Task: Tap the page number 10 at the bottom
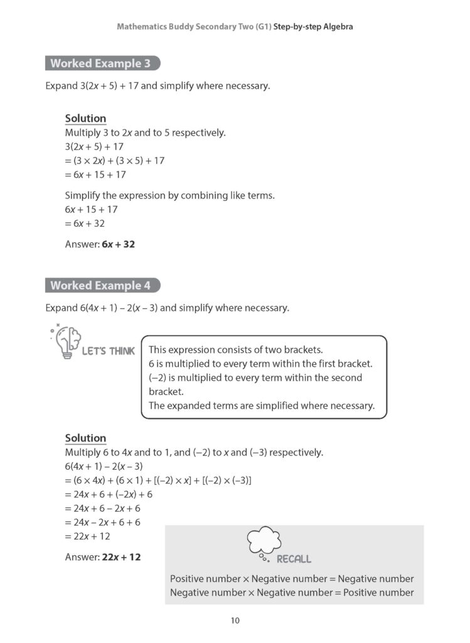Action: click(235, 621)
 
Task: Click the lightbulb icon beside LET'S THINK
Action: click(65, 342)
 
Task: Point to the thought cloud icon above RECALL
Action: click(264, 541)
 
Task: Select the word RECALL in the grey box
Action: click(294, 559)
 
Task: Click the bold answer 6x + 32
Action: click(118, 244)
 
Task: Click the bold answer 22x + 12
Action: click(120, 557)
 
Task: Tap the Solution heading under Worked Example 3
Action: click(85, 119)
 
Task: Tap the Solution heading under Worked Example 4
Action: click(85, 438)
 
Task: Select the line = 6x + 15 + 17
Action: click(95, 175)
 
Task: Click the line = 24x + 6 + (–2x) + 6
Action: click(109, 494)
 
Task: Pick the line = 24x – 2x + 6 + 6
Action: click(103, 522)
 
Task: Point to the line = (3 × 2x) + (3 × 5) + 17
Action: click(115, 161)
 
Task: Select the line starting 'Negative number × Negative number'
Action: click(292, 592)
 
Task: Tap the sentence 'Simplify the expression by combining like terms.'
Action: click(170, 195)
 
